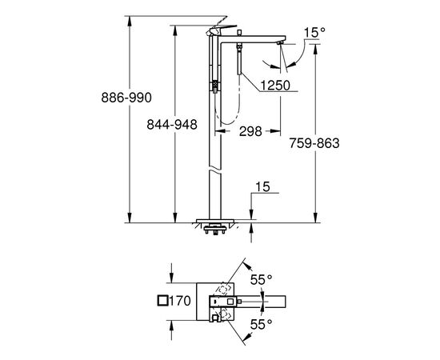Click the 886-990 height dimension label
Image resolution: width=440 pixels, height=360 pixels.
[x=126, y=98]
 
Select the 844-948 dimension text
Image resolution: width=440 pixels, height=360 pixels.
[x=172, y=124]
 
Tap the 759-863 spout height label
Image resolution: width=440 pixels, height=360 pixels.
[x=314, y=143]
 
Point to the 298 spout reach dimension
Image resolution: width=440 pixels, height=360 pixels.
[x=250, y=131]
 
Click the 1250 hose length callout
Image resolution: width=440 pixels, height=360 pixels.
[x=275, y=85]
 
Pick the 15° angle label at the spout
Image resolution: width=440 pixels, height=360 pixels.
[x=315, y=33]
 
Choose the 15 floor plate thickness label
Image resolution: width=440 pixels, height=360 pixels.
[x=262, y=186]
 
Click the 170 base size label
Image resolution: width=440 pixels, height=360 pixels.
[x=180, y=301]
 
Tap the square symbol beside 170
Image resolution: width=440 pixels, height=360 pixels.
[x=162, y=301]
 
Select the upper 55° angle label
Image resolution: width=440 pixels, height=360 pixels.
[x=262, y=280]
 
